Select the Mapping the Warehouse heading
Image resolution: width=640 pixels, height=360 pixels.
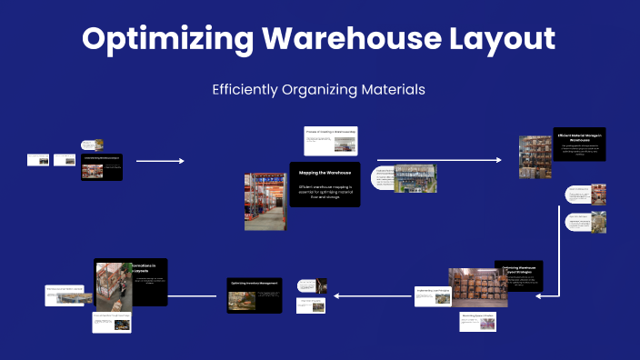(x=325, y=172)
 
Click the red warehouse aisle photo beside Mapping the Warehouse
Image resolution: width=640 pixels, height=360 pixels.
(x=266, y=201)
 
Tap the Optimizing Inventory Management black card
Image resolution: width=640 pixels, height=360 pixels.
(x=255, y=295)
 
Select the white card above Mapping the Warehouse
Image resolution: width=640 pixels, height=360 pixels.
(x=330, y=142)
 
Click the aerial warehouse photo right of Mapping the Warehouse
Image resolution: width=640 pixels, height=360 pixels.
(x=415, y=178)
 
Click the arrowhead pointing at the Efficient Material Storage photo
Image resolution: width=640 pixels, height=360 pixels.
(x=498, y=160)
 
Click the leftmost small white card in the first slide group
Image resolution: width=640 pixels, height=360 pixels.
(x=38, y=160)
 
